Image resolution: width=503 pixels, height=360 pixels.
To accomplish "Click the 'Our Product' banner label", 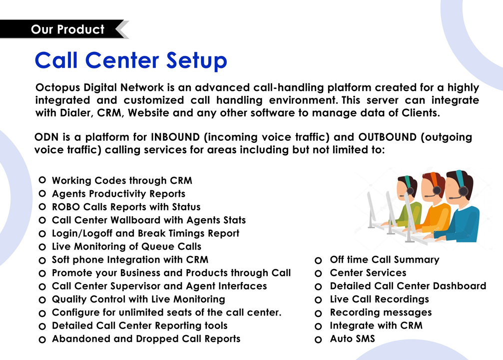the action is point(68,29).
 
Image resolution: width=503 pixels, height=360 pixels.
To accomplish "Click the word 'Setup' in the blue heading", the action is point(197,60).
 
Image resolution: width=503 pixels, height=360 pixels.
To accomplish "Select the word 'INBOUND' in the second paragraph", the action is point(175,137).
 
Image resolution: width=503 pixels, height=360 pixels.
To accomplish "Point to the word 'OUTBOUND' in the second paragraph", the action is point(387,137).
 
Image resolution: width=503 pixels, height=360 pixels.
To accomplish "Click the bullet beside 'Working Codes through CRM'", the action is point(42,180).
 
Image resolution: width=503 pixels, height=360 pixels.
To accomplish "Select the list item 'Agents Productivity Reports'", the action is point(119,194).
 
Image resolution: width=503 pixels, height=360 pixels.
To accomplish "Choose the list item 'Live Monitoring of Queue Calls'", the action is point(127,246).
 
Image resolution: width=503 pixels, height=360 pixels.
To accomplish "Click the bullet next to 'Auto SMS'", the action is point(318,340).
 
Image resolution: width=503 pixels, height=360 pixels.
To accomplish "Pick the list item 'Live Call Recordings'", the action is point(380,299).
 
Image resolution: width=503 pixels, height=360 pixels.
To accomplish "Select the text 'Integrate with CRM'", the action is point(376,326).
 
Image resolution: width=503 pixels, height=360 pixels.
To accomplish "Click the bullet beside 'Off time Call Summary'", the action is point(318,260).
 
